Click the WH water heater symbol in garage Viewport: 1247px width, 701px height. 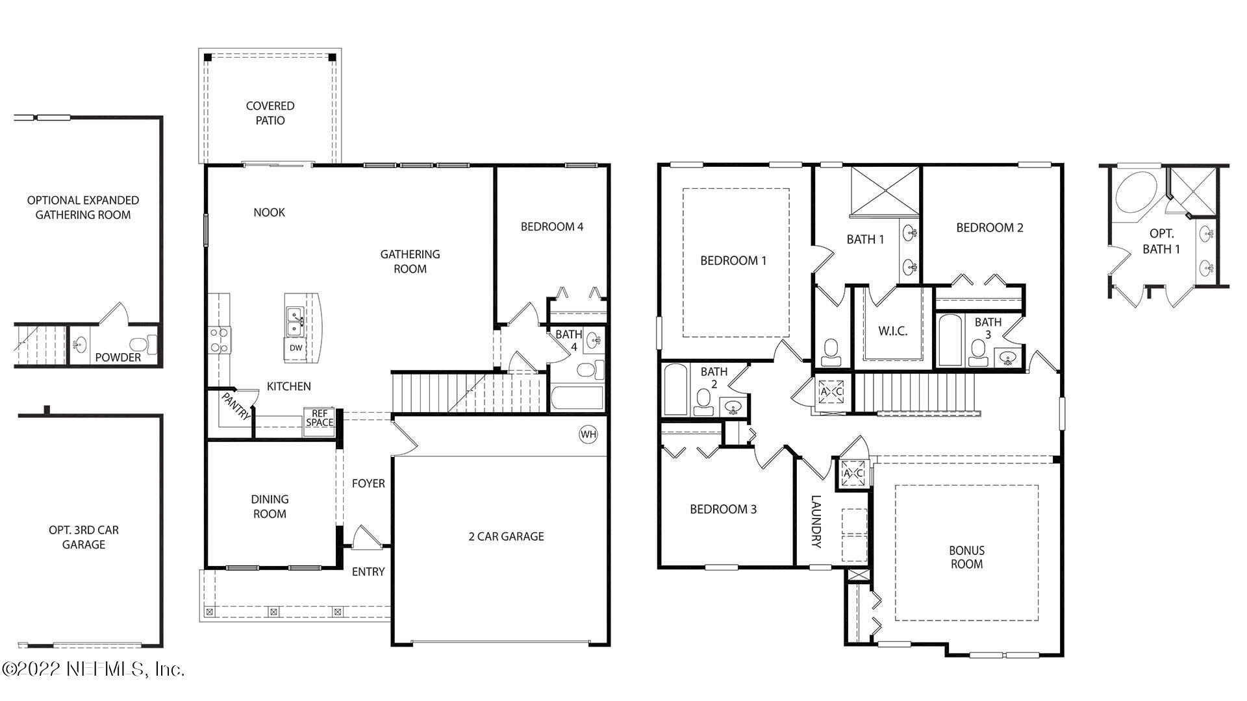point(588,434)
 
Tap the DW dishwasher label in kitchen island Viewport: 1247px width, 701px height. point(296,348)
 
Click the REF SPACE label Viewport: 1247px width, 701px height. point(320,418)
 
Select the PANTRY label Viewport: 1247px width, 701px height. point(236,406)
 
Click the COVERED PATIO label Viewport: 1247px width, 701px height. point(270,113)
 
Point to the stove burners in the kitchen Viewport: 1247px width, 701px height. point(220,339)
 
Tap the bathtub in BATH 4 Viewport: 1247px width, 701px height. point(577,397)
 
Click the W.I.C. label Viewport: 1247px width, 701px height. point(893,331)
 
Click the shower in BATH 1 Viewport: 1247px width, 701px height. point(885,190)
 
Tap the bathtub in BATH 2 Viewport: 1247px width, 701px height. point(675,389)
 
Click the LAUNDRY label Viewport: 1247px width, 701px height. point(816,522)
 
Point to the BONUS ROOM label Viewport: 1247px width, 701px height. point(966,557)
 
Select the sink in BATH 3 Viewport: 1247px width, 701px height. point(1007,358)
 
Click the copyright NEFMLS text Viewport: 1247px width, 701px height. point(94,669)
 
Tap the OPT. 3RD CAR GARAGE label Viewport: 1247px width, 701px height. point(84,537)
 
